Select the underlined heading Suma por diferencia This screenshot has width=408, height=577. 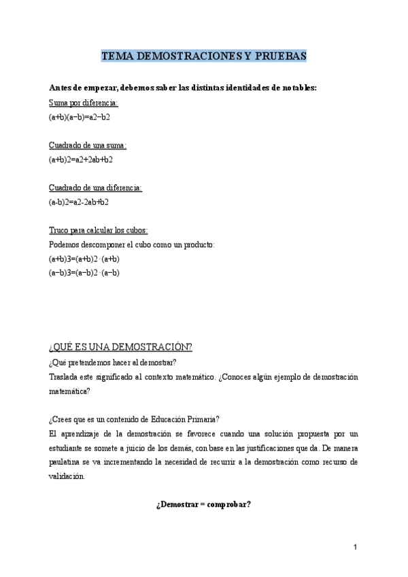[x=84, y=103]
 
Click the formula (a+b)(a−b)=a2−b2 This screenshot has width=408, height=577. [x=80, y=117]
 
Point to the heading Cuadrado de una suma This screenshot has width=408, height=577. [x=88, y=145]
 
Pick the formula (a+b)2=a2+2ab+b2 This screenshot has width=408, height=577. [x=81, y=159]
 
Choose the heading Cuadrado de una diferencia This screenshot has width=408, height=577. [x=95, y=187]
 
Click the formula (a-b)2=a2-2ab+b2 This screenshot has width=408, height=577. [x=79, y=201]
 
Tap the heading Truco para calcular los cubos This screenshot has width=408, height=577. [x=98, y=230]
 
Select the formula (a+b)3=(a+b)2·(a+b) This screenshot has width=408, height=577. [x=84, y=259]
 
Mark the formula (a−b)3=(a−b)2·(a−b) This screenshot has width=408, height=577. [x=84, y=272]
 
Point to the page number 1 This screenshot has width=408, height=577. [x=355, y=548]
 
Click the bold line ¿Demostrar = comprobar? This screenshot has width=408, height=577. [x=204, y=504]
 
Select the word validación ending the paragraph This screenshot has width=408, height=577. [x=67, y=476]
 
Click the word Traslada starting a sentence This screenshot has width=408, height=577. [x=64, y=376]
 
